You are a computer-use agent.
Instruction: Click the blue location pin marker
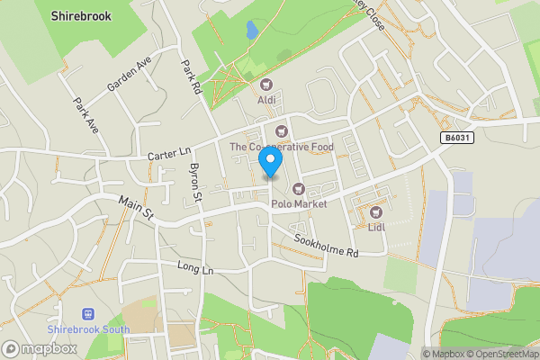coord(270,161)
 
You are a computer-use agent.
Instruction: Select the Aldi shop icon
coord(266,85)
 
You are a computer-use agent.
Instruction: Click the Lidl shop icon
coord(375,212)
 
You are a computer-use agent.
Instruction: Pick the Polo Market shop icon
coord(297,189)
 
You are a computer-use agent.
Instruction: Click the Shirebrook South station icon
coord(88,314)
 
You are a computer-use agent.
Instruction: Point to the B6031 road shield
coord(456,138)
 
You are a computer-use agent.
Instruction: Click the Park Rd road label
coord(188,77)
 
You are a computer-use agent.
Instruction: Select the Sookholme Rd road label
coord(327,246)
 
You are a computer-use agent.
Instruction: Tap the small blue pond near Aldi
coord(252,31)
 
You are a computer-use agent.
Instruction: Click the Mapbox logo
coord(40,348)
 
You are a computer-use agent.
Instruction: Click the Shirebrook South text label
coord(88,329)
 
